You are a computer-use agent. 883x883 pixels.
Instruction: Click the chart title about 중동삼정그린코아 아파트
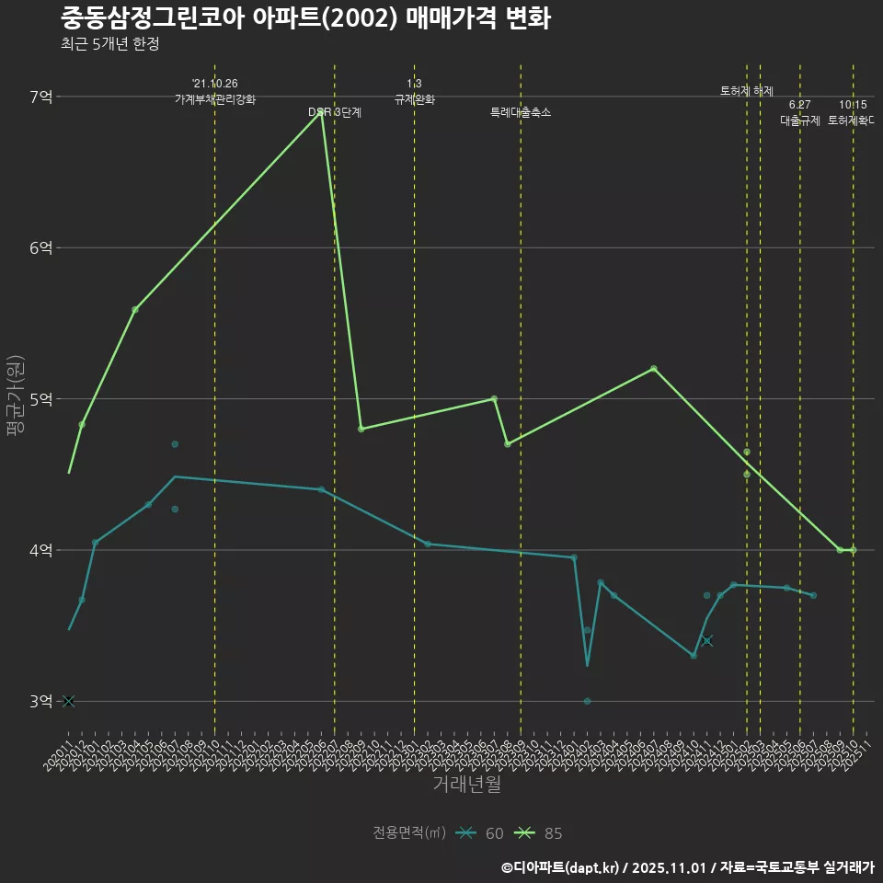tap(305, 18)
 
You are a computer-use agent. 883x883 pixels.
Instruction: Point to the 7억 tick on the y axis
tap(41, 97)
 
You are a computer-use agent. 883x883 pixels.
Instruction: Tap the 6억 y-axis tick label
tap(41, 247)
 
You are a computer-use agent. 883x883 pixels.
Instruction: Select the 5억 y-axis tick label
tap(41, 399)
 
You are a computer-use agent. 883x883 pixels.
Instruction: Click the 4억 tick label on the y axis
tap(41, 550)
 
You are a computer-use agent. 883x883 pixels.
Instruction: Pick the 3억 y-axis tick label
tap(41, 701)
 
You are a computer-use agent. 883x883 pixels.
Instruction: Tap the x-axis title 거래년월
tap(467, 785)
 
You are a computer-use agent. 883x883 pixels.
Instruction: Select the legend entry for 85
tap(542, 833)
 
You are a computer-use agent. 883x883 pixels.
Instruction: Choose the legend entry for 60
tap(483, 833)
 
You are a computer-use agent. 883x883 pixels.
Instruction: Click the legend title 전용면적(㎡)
tap(409, 833)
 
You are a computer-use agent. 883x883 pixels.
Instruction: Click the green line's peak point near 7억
tap(321, 112)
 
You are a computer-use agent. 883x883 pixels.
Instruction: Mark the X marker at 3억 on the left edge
tap(68, 701)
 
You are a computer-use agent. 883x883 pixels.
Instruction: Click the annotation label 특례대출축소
tap(521, 112)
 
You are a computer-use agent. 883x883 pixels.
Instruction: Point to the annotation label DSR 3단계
tap(335, 112)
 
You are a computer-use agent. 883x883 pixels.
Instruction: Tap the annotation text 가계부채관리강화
tap(215, 99)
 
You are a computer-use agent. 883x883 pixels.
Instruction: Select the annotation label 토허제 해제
tap(747, 91)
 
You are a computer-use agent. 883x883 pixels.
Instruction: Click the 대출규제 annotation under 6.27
tap(800, 120)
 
